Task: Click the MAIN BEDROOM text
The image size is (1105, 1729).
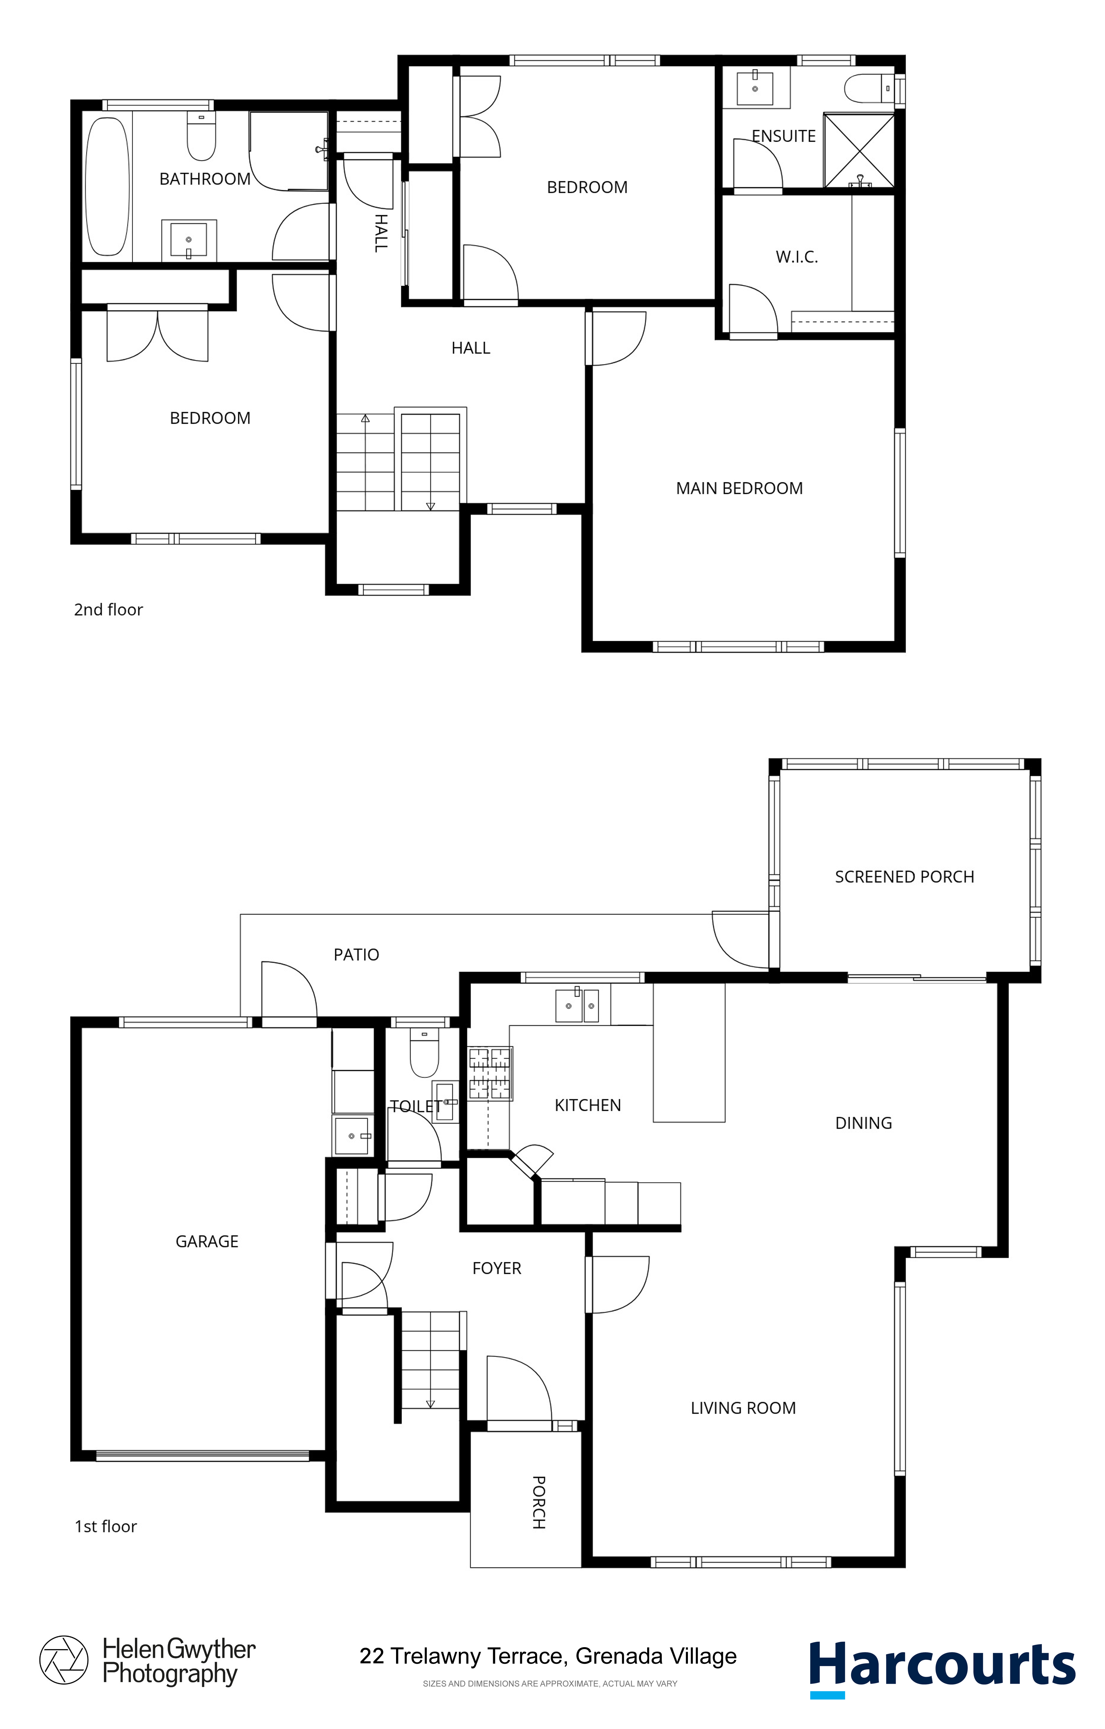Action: [740, 488]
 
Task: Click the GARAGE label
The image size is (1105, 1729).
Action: [207, 1242]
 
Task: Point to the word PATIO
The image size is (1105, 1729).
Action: [356, 955]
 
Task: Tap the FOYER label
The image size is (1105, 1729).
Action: [497, 1269]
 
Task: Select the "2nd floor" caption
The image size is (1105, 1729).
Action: [108, 610]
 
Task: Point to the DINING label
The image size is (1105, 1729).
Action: [864, 1123]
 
